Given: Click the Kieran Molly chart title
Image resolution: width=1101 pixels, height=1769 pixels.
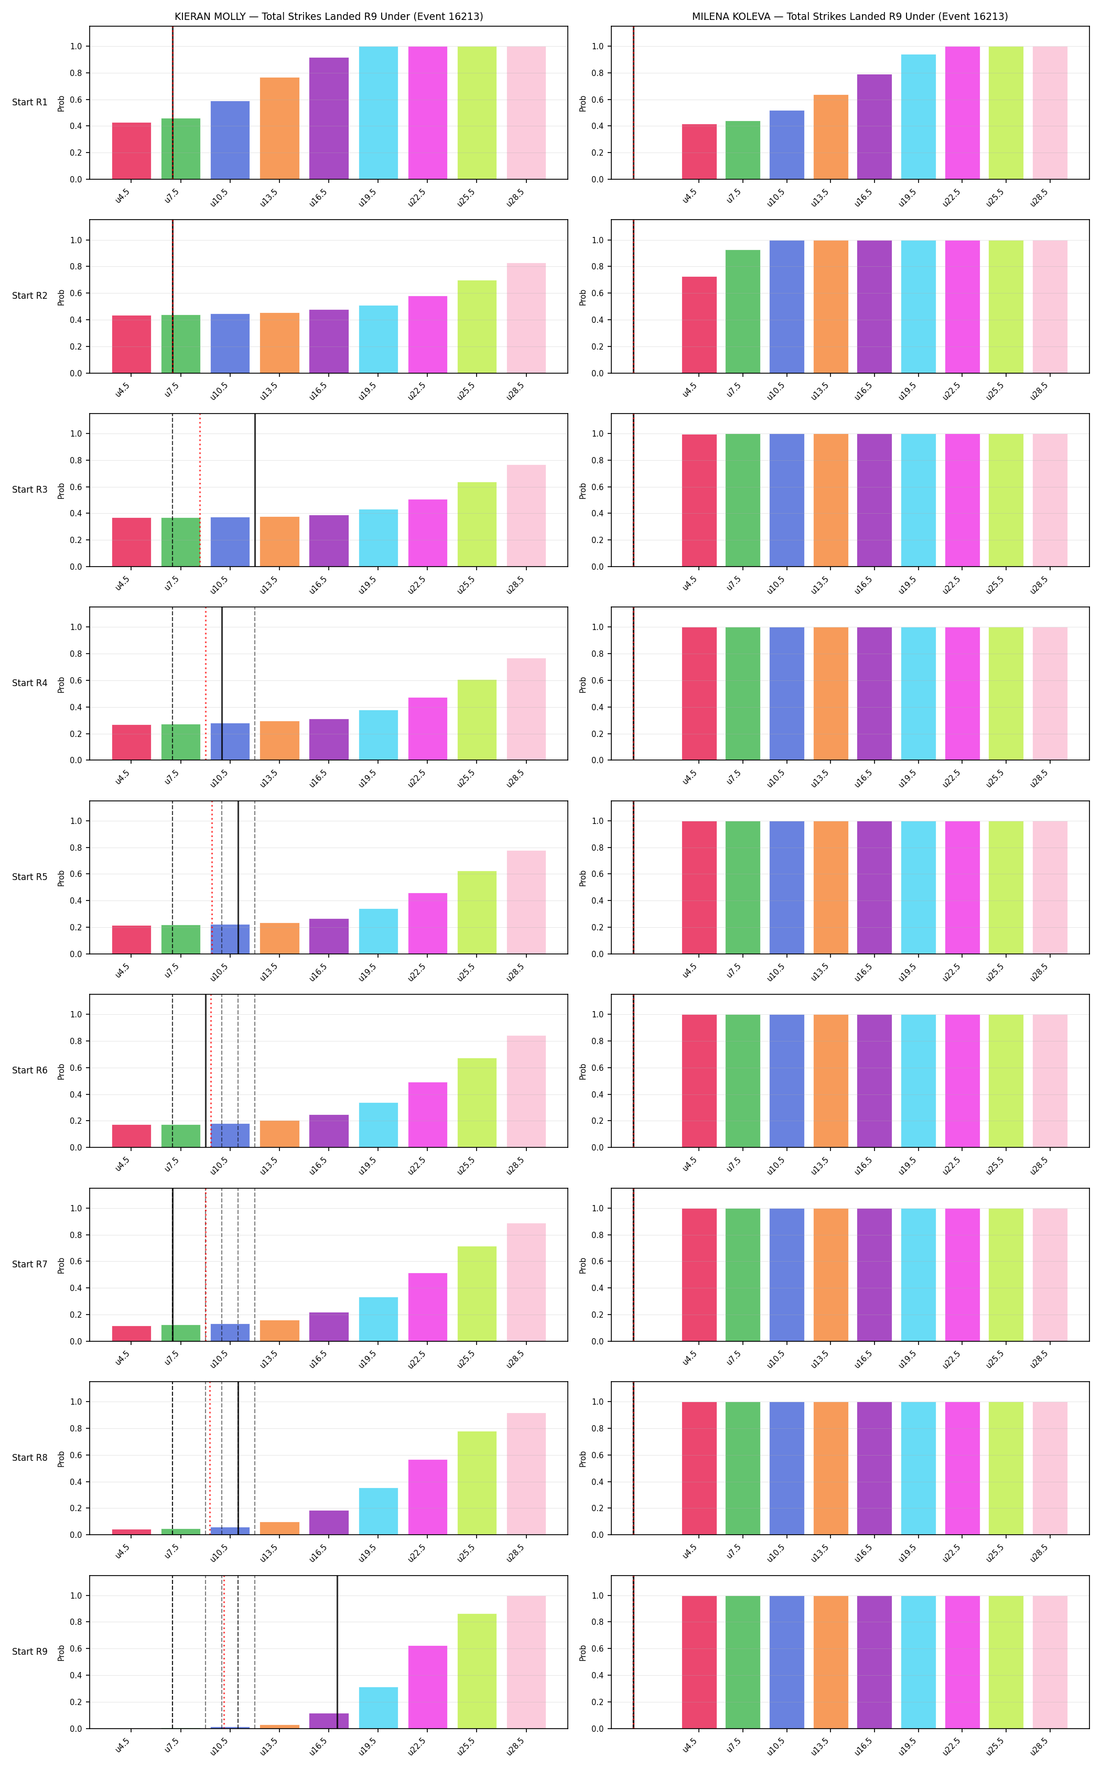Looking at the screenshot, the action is (x=328, y=16).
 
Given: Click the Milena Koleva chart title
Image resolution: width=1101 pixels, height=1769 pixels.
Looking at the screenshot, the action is (x=850, y=16).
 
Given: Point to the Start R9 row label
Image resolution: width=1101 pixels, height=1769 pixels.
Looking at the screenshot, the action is (x=30, y=1652).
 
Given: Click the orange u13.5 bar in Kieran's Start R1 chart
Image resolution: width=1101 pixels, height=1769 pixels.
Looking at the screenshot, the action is (x=279, y=128).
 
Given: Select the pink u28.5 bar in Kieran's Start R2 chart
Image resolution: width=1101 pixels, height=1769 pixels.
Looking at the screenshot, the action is (x=526, y=318).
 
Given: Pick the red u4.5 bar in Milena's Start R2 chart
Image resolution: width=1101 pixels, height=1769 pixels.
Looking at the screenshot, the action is (x=699, y=324).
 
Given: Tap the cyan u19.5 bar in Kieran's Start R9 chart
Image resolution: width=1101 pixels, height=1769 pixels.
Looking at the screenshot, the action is (x=379, y=1708).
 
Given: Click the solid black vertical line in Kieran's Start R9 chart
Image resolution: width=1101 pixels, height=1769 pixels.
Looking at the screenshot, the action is (x=337, y=1652).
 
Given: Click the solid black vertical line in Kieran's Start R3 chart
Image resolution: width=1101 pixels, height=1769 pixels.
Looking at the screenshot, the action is (x=255, y=490).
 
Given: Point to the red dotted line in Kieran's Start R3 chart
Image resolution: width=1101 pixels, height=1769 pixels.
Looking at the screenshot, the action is (x=200, y=490).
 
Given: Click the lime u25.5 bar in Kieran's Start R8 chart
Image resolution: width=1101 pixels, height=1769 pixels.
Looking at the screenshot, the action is (x=477, y=1483).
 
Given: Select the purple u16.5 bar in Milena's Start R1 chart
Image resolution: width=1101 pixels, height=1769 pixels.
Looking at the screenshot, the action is (x=875, y=127).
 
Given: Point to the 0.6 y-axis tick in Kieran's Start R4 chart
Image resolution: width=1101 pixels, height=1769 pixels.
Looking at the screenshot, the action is (x=75, y=681).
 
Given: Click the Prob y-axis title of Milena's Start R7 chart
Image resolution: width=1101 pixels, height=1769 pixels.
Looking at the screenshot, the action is (x=582, y=1264).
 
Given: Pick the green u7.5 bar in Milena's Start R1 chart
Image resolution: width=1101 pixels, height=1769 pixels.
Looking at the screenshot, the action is (x=743, y=150).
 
